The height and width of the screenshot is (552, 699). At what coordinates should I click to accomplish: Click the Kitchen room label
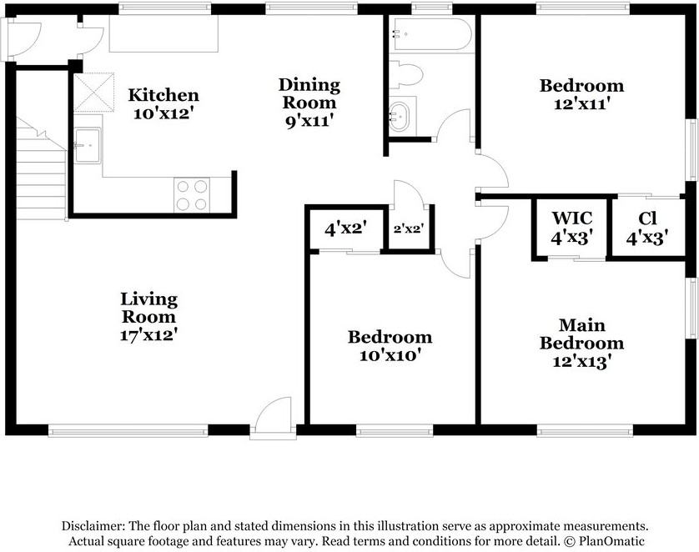point(163,95)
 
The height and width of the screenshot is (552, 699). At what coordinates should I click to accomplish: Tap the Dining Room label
point(309,93)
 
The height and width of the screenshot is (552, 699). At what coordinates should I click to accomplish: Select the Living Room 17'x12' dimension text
point(149,335)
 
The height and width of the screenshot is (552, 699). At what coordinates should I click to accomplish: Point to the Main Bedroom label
point(581,334)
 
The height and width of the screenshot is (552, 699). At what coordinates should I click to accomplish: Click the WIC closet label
point(572,218)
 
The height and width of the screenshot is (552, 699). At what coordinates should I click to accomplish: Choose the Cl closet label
point(647,218)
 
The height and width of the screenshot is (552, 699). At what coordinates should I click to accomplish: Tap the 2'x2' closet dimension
point(409,229)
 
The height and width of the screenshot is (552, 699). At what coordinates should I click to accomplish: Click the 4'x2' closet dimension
point(345,229)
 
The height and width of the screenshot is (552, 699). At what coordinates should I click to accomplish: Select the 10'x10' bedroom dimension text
point(390,355)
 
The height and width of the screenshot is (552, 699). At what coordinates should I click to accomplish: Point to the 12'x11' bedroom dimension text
point(581,103)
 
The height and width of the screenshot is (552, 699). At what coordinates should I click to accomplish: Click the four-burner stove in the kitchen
point(192,195)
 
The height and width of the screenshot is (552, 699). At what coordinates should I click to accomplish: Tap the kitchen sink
point(88,145)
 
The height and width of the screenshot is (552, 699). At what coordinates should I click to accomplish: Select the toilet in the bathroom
point(405,74)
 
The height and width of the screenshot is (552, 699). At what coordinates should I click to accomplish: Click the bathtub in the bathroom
point(430,34)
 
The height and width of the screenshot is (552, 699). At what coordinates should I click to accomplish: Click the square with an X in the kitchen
point(93,93)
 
